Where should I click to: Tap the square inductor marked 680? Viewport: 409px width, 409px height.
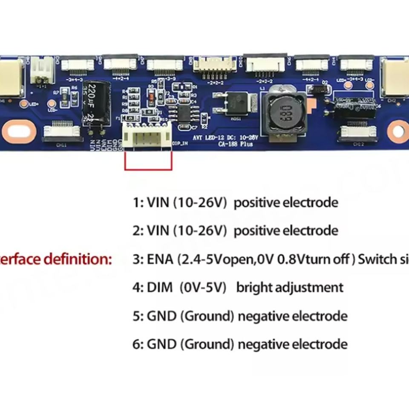283,112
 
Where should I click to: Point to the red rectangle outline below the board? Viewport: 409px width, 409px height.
148,161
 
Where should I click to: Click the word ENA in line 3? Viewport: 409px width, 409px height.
160,259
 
